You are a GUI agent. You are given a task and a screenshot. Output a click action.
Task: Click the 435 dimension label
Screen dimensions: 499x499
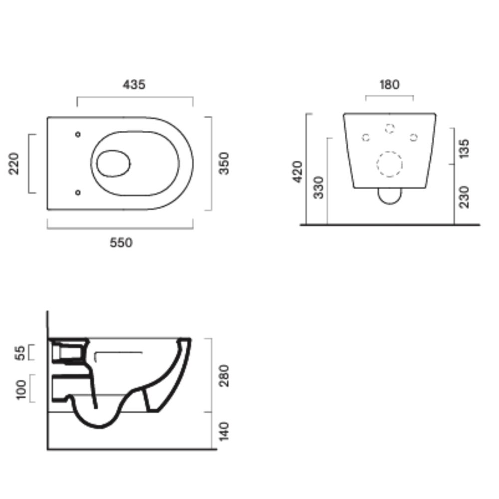pos(134,85)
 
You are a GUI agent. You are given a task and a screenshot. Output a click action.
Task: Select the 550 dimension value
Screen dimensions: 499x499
pos(121,243)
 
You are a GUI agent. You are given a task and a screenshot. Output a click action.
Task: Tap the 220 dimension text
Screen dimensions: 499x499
pos(14,163)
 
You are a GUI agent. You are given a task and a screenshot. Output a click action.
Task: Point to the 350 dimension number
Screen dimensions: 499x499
pos(225,163)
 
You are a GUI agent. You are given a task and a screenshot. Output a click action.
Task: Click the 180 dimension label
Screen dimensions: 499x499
pos(389,85)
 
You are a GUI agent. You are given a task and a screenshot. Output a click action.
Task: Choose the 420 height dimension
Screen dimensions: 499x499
pos(298,171)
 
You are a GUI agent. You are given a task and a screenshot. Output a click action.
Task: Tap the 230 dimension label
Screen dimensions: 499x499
pos(464,197)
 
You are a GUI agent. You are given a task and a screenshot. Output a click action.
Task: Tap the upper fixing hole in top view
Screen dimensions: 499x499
pos(77,134)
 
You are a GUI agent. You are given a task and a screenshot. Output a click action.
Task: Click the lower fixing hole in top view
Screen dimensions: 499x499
pos(77,192)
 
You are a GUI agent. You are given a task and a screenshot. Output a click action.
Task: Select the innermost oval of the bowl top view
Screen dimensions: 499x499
pos(113,163)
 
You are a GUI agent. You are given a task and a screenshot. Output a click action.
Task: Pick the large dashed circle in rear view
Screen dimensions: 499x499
pos(389,164)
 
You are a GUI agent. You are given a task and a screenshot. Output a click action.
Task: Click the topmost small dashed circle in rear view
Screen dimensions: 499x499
pos(390,128)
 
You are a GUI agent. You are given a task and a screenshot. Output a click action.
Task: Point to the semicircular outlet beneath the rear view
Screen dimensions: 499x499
pos(390,197)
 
